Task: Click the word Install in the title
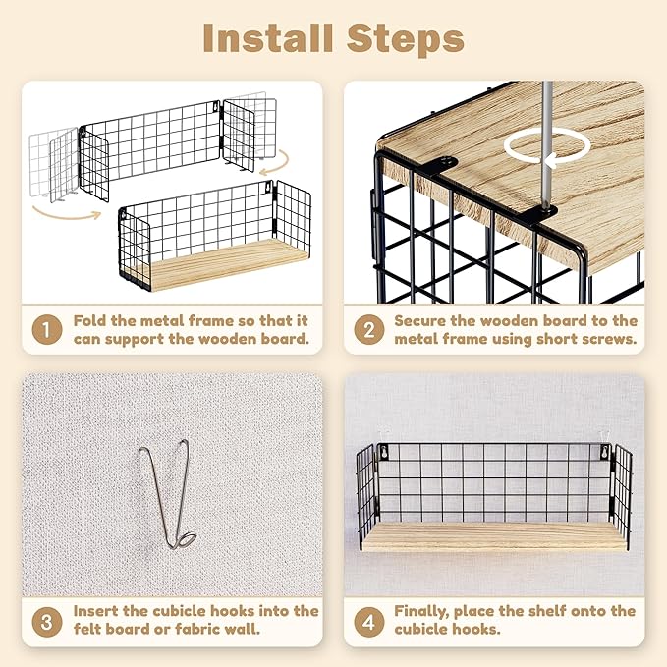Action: coord(268,38)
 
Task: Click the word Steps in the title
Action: coord(405,39)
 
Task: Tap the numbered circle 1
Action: coord(47,329)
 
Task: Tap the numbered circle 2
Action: coord(369,329)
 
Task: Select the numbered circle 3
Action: coord(47,622)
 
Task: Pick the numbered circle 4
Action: coord(369,622)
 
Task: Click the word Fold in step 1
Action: coord(89,320)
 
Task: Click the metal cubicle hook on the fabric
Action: coord(168,493)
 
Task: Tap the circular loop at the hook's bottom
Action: coord(188,540)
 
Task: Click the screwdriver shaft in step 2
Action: coord(546,144)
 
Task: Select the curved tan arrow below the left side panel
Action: coord(68,214)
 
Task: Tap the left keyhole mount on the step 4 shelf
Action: coord(384,452)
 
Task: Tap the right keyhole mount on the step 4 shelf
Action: coord(604,452)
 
